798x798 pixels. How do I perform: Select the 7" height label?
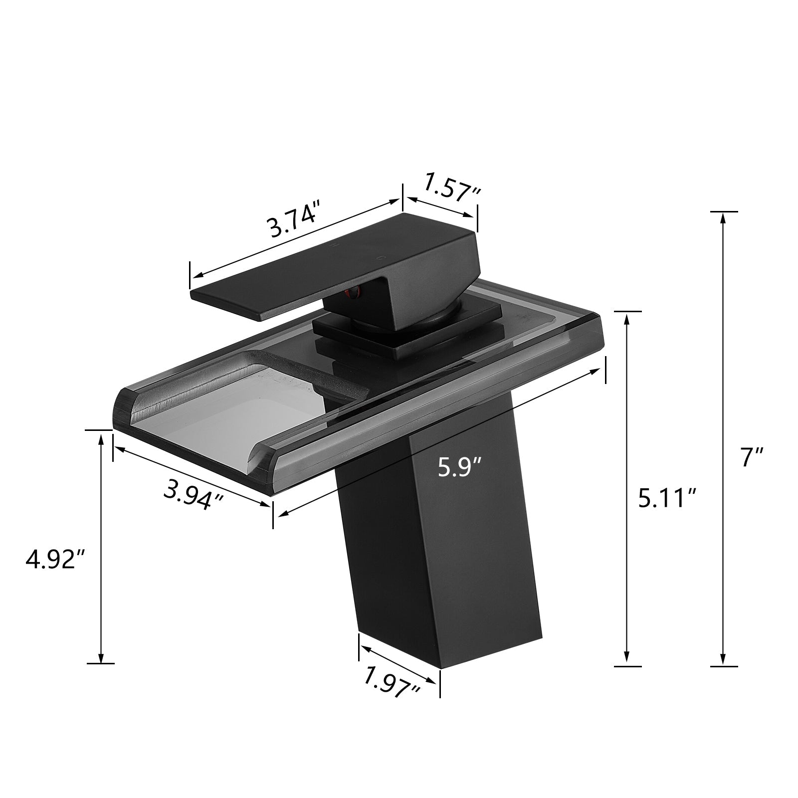tap(751, 456)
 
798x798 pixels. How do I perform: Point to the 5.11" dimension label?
tap(667, 498)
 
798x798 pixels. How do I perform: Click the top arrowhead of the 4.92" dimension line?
tap(101, 438)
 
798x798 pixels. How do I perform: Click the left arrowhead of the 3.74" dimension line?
tap(196, 275)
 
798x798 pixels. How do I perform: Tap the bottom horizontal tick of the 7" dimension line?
tap(723, 666)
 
